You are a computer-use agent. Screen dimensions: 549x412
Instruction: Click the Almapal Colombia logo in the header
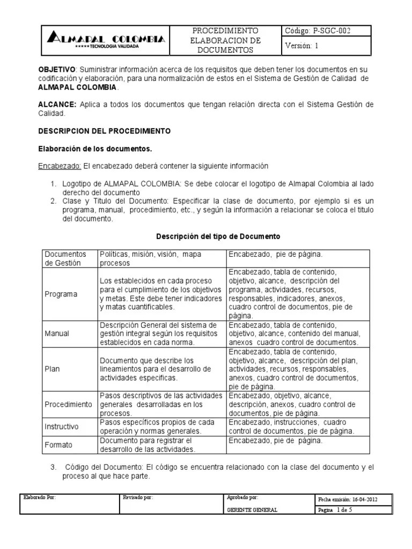(106, 40)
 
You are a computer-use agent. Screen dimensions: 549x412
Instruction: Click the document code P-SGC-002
(318, 31)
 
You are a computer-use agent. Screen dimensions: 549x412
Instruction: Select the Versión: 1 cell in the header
(302, 46)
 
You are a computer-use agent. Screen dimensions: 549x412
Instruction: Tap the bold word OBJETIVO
(56, 70)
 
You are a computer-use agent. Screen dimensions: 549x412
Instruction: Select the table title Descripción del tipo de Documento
(218, 236)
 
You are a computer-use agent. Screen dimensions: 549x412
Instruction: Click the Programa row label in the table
(61, 294)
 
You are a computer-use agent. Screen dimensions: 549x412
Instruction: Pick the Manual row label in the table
(57, 333)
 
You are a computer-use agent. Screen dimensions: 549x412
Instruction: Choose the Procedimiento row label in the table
(68, 404)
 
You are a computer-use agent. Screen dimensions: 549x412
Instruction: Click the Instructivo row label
(62, 427)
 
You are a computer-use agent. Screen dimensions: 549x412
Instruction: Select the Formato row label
(58, 444)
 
